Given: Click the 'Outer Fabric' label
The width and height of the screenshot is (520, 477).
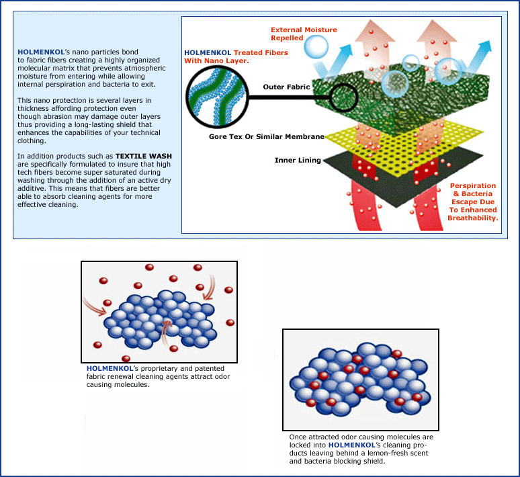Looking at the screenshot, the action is (286, 87).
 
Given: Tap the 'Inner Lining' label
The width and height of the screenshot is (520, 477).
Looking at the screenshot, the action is (298, 160).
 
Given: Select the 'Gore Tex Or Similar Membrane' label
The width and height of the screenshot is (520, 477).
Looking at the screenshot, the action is (267, 136).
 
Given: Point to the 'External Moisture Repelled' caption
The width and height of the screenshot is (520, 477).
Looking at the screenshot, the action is (304, 34).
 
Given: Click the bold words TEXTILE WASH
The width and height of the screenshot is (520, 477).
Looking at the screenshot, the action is (144, 156).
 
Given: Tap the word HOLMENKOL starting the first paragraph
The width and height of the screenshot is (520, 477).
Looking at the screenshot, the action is (41, 52).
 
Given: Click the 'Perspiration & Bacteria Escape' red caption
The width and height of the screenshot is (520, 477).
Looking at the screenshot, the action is (473, 202).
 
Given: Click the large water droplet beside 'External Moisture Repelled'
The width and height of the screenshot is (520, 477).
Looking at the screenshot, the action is (316, 47).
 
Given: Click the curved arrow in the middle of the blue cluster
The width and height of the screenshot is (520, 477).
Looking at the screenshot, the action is (166, 333).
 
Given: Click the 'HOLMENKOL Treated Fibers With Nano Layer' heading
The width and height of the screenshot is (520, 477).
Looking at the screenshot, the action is (236, 56).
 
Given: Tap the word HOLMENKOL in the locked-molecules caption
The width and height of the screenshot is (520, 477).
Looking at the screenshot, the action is (352, 445).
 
